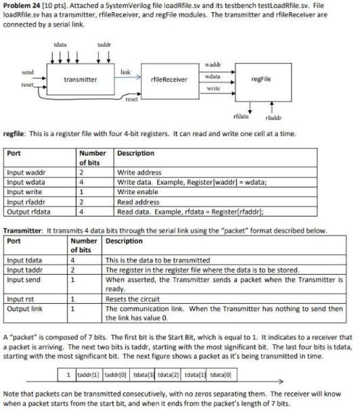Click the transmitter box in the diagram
pyautogui.click(x=80, y=80)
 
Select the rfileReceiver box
pyautogui.click(x=168, y=80)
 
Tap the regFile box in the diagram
pyautogui.click(x=261, y=79)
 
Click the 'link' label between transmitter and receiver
pyautogui.click(x=125, y=71)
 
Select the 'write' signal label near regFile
pyautogui.click(x=212, y=88)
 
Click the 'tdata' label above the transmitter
pyautogui.click(x=60, y=45)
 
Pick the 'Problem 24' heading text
pyautogui.click(x=22, y=5)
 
